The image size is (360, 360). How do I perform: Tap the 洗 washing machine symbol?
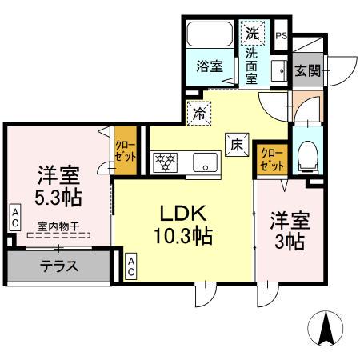click(252, 34)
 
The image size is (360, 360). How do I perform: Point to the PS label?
click(281, 36)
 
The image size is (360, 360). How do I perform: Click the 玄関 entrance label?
click(307, 70)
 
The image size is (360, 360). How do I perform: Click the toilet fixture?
click(306, 156)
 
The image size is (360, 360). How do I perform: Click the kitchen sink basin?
click(206, 162)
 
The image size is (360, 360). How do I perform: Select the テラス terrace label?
click(60, 266)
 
